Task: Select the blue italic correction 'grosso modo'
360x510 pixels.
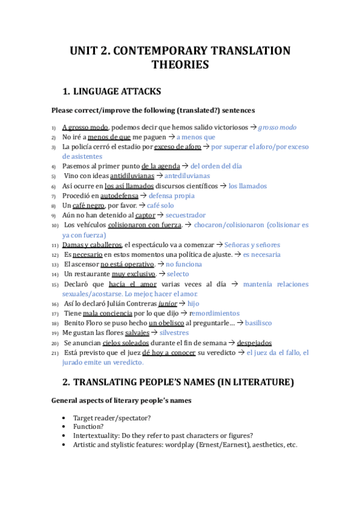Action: (x=277, y=127)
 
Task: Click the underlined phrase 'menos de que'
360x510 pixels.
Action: (x=109, y=137)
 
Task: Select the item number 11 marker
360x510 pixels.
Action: (x=54, y=245)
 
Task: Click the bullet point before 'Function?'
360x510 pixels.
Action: (x=64, y=426)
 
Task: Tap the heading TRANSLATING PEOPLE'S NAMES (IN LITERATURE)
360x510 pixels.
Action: (x=183, y=382)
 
